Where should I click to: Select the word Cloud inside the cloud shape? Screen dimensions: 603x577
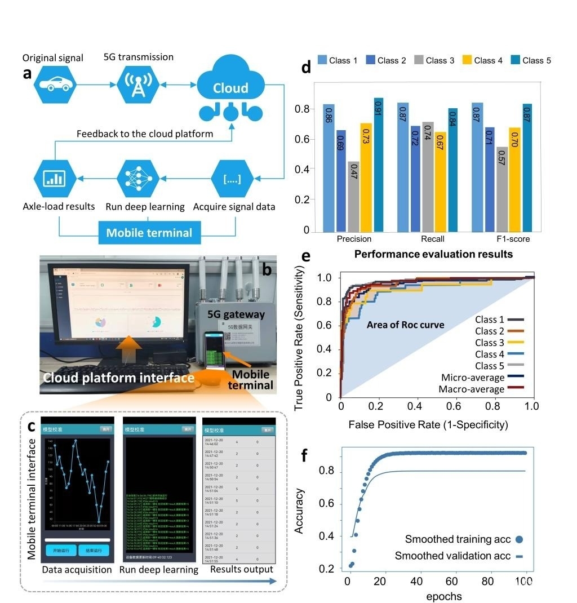pyautogui.click(x=230, y=88)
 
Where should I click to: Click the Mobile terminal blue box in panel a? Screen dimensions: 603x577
pyautogui.click(x=149, y=233)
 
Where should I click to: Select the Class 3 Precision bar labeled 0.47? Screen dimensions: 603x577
pyautogui.click(x=353, y=196)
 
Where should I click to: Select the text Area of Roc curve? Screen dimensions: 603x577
pyautogui.click(x=405, y=325)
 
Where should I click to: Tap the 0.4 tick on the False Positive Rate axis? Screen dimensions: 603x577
pyautogui.click(x=417, y=405)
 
